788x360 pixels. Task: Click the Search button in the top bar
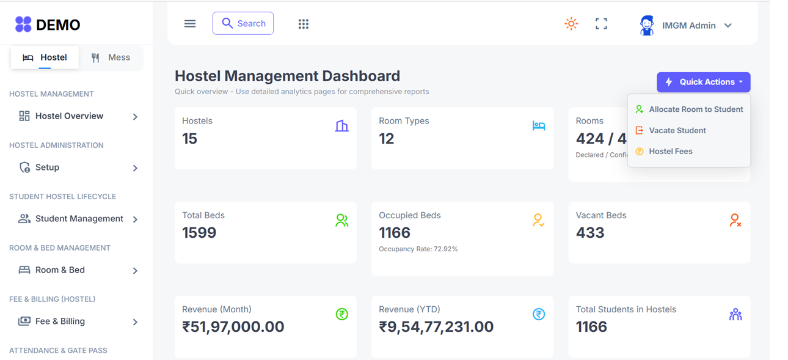243,23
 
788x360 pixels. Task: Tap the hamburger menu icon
190,24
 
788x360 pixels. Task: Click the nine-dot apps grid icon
304,24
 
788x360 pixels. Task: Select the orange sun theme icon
571,24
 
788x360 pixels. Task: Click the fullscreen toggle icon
601,24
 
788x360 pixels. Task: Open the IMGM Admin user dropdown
686,26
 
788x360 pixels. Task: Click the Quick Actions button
704,82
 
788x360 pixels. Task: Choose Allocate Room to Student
695,109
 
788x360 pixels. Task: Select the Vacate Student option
677,130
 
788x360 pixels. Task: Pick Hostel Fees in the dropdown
670,152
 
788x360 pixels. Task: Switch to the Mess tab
111,57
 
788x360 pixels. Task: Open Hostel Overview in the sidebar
69,116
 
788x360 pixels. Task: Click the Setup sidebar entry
47,167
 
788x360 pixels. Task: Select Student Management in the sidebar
79,219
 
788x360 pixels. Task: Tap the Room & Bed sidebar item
60,270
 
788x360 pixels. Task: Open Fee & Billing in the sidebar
60,321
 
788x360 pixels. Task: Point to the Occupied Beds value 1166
395,233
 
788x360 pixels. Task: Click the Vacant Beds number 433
590,233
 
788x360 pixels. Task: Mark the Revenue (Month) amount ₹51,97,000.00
233,327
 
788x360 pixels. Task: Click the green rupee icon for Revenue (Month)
342,314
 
